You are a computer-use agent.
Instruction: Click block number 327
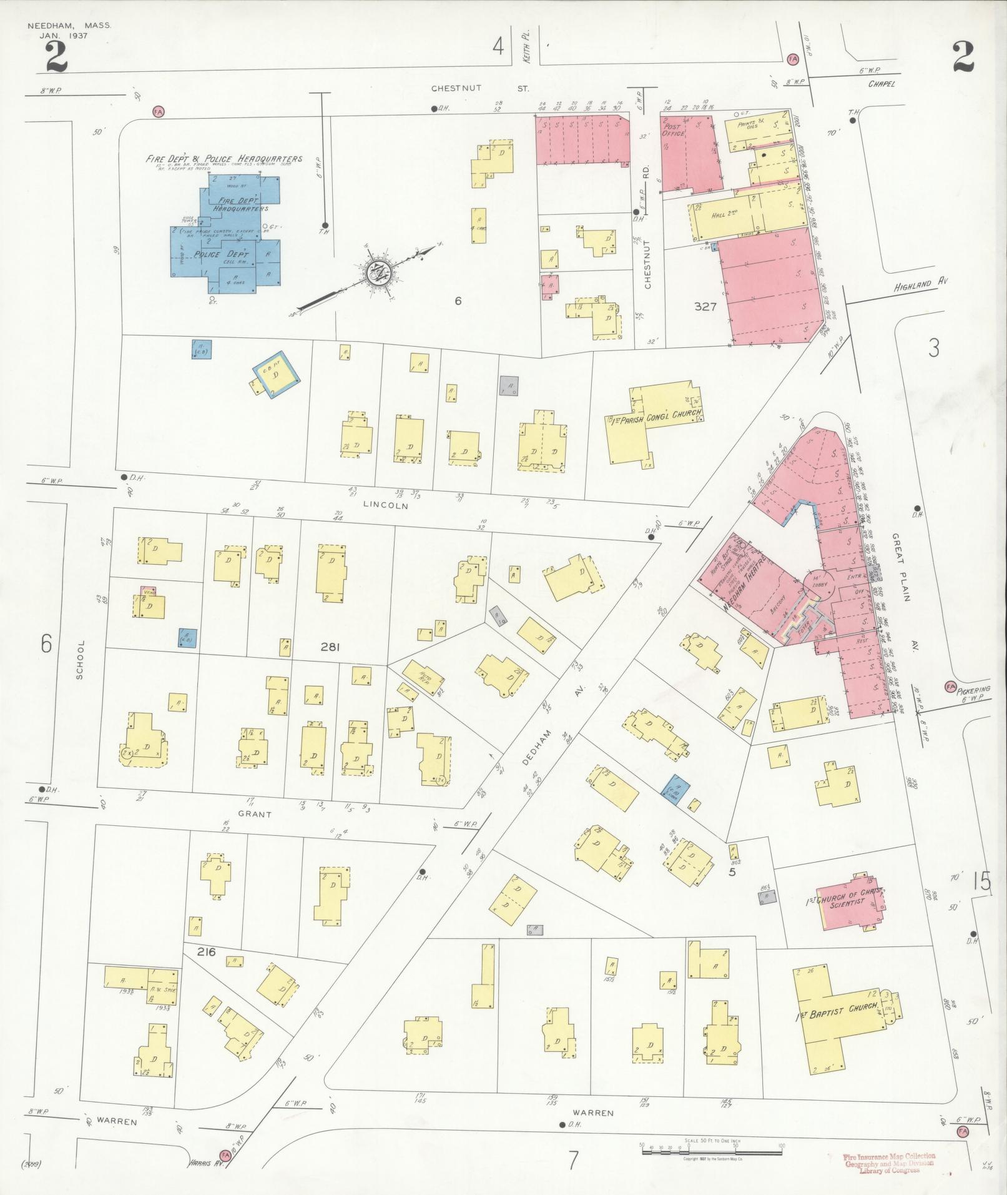pos(705,307)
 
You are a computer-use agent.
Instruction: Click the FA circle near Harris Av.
pos(225,1156)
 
